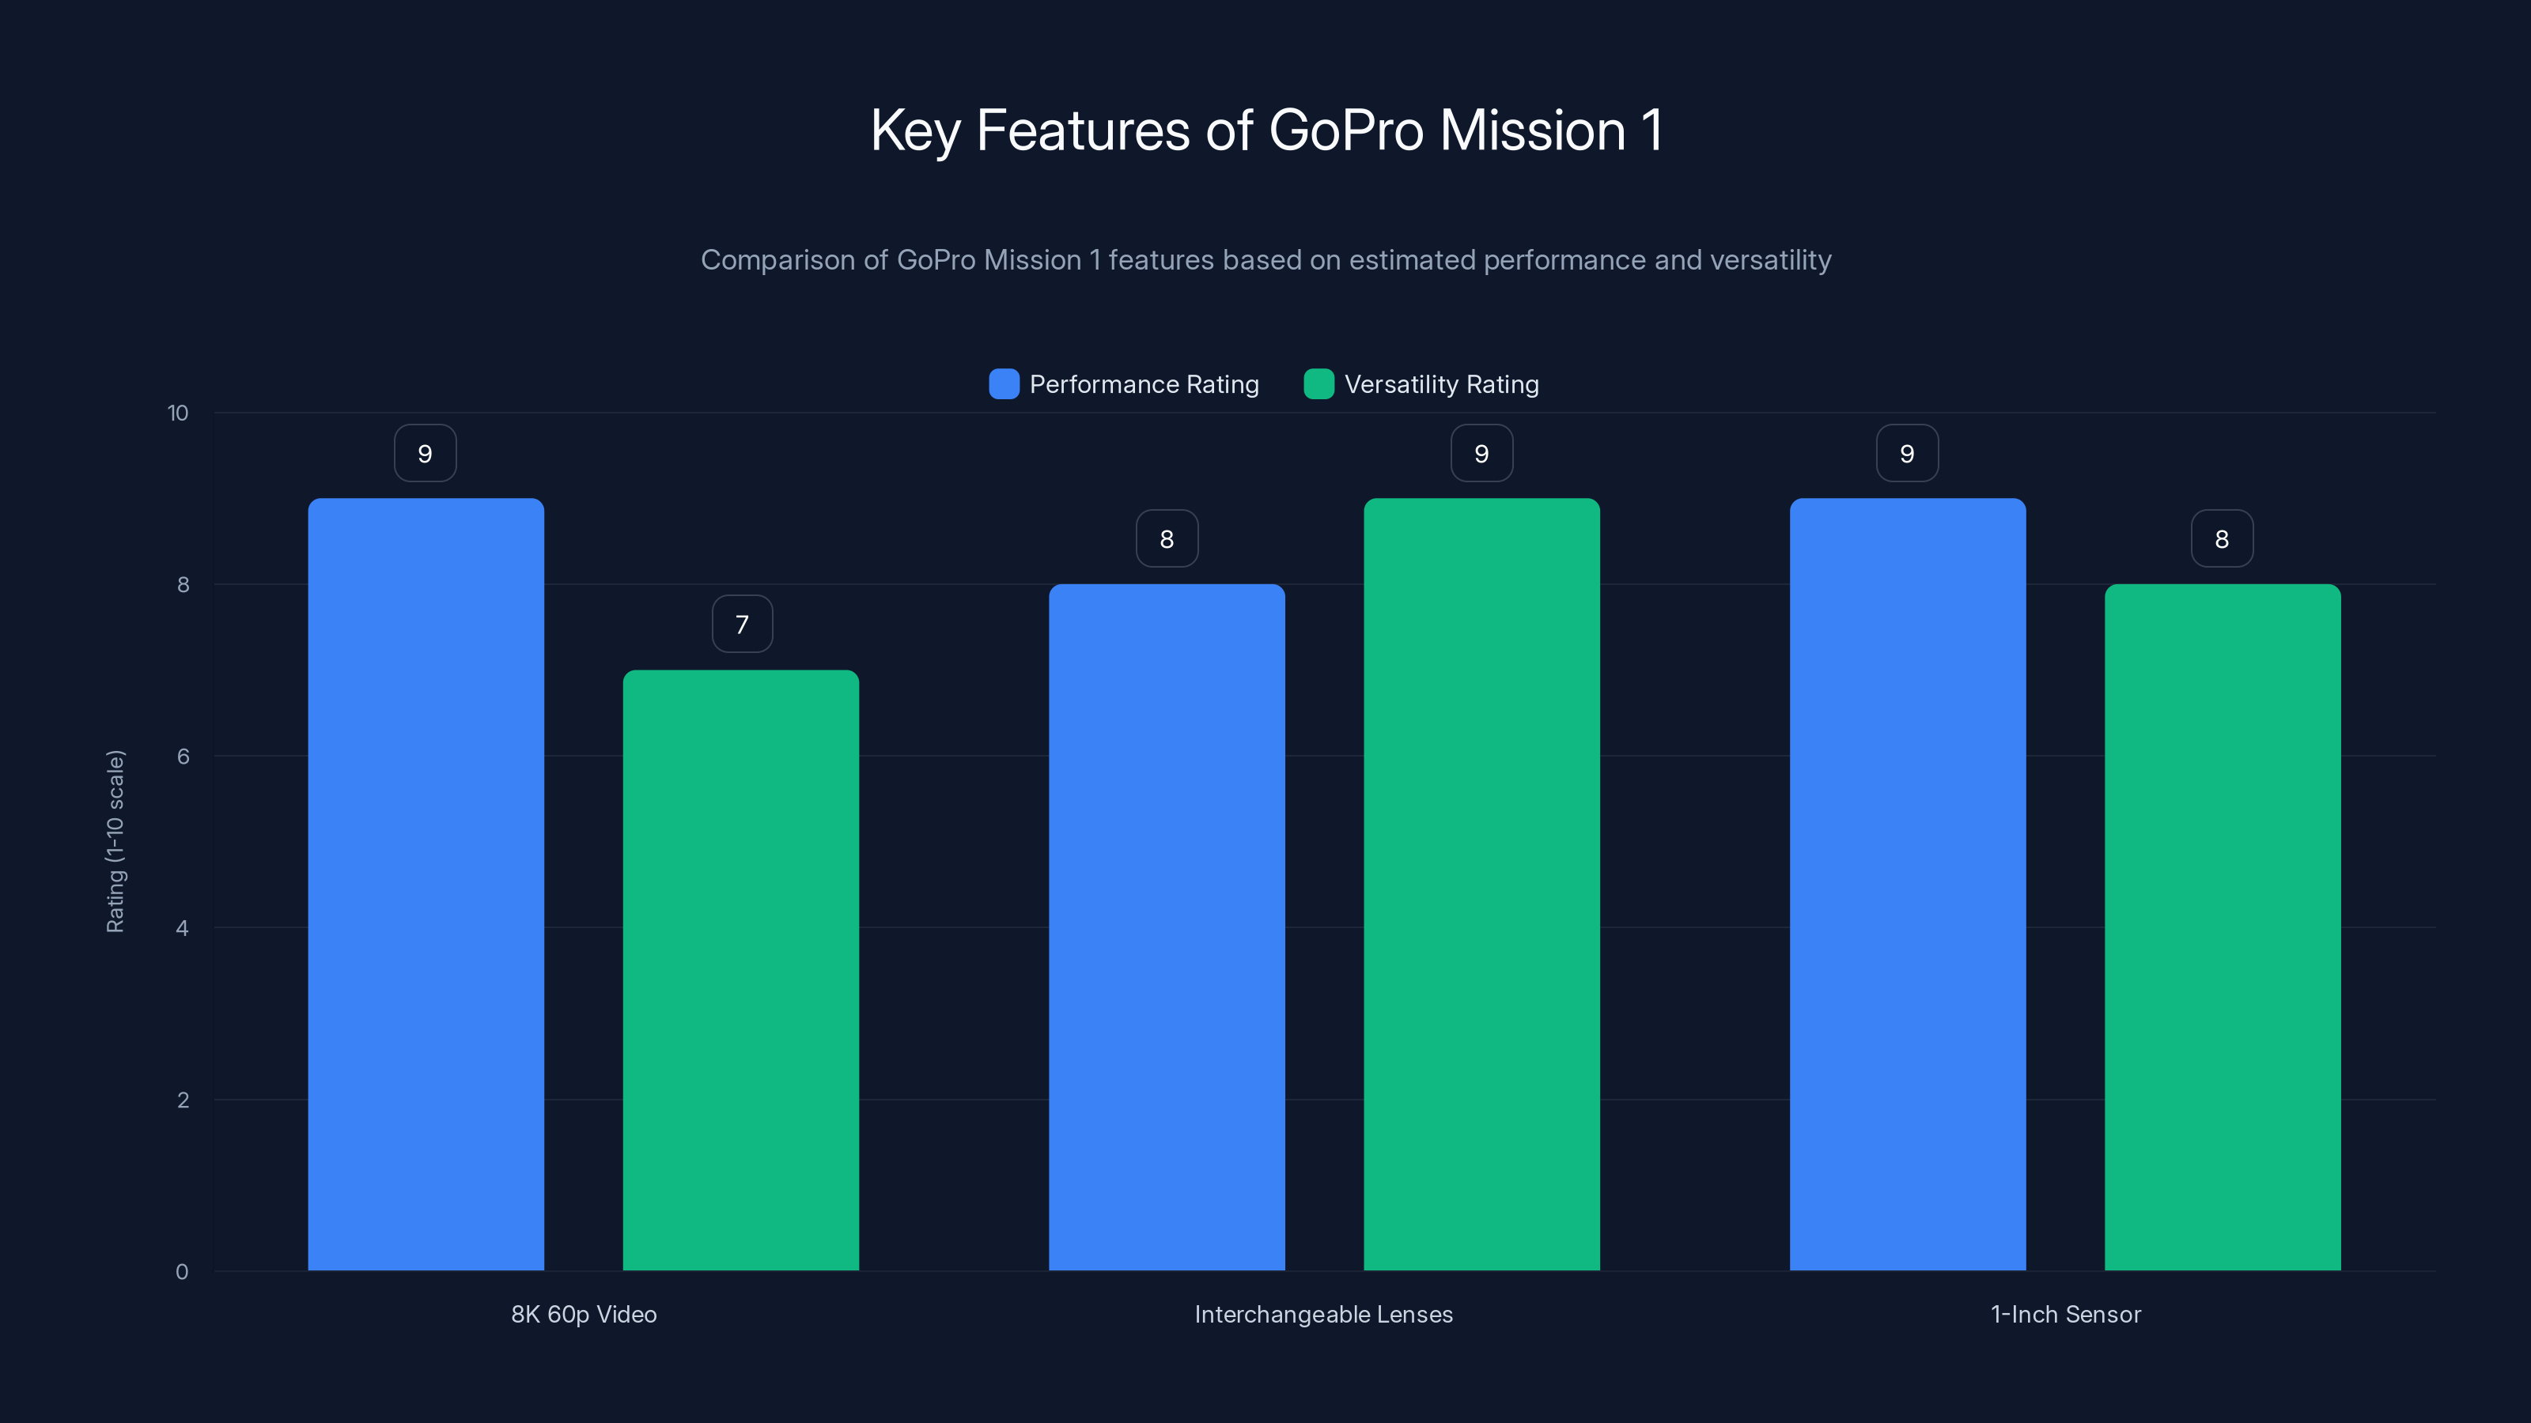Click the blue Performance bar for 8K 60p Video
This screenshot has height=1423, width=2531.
click(426, 884)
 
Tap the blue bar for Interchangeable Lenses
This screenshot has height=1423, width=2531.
click(1167, 927)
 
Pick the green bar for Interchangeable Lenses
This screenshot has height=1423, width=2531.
click(1481, 884)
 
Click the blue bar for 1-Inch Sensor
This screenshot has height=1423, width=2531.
click(1907, 884)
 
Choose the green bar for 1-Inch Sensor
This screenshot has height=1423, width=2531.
click(2223, 927)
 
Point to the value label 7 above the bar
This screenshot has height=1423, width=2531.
click(742, 624)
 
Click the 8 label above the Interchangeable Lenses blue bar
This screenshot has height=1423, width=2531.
click(1167, 538)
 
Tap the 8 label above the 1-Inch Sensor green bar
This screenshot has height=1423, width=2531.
click(2222, 538)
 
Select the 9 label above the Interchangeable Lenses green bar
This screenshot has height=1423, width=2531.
click(1481, 453)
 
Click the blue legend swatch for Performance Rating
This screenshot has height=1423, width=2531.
click(1003, 384)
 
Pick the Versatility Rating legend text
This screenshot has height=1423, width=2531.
click(1440, 384)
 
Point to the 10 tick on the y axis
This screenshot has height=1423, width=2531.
click(178, 413)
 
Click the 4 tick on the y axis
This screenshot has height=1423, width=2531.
click(182, 928)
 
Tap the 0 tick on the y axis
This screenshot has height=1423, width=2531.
click(182, 1272)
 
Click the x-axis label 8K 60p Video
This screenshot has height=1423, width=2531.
click(584, 1314)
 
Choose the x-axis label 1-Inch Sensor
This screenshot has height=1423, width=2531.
click(2065, 1314)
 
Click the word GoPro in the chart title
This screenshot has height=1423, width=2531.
click(1346, 130)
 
